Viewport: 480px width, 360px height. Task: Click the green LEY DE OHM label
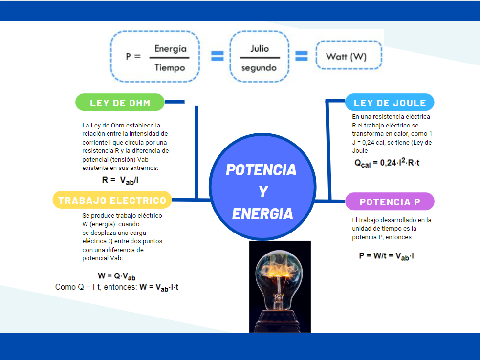120,103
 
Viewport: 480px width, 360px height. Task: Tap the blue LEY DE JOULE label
390,103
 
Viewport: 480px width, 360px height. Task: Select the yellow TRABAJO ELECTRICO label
112,200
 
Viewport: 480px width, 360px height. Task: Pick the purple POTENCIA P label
390,202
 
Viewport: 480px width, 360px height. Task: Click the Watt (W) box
346,57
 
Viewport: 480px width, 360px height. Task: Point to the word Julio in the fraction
260,49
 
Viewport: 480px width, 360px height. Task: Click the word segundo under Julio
259,68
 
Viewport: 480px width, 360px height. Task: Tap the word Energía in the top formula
170,49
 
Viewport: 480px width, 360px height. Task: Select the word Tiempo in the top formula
170,68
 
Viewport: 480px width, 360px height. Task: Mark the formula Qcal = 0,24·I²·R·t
387,163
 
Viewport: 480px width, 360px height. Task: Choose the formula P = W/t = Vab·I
387,255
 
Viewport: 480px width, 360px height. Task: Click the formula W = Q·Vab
116,276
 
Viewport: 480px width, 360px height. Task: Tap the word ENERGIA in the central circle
262,214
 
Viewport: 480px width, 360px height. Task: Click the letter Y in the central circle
262,192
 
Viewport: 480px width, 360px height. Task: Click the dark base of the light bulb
280,320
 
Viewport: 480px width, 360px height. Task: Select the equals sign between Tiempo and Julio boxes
217,56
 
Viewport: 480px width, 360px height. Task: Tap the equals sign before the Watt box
301,56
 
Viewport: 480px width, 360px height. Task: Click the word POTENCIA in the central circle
261,170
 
